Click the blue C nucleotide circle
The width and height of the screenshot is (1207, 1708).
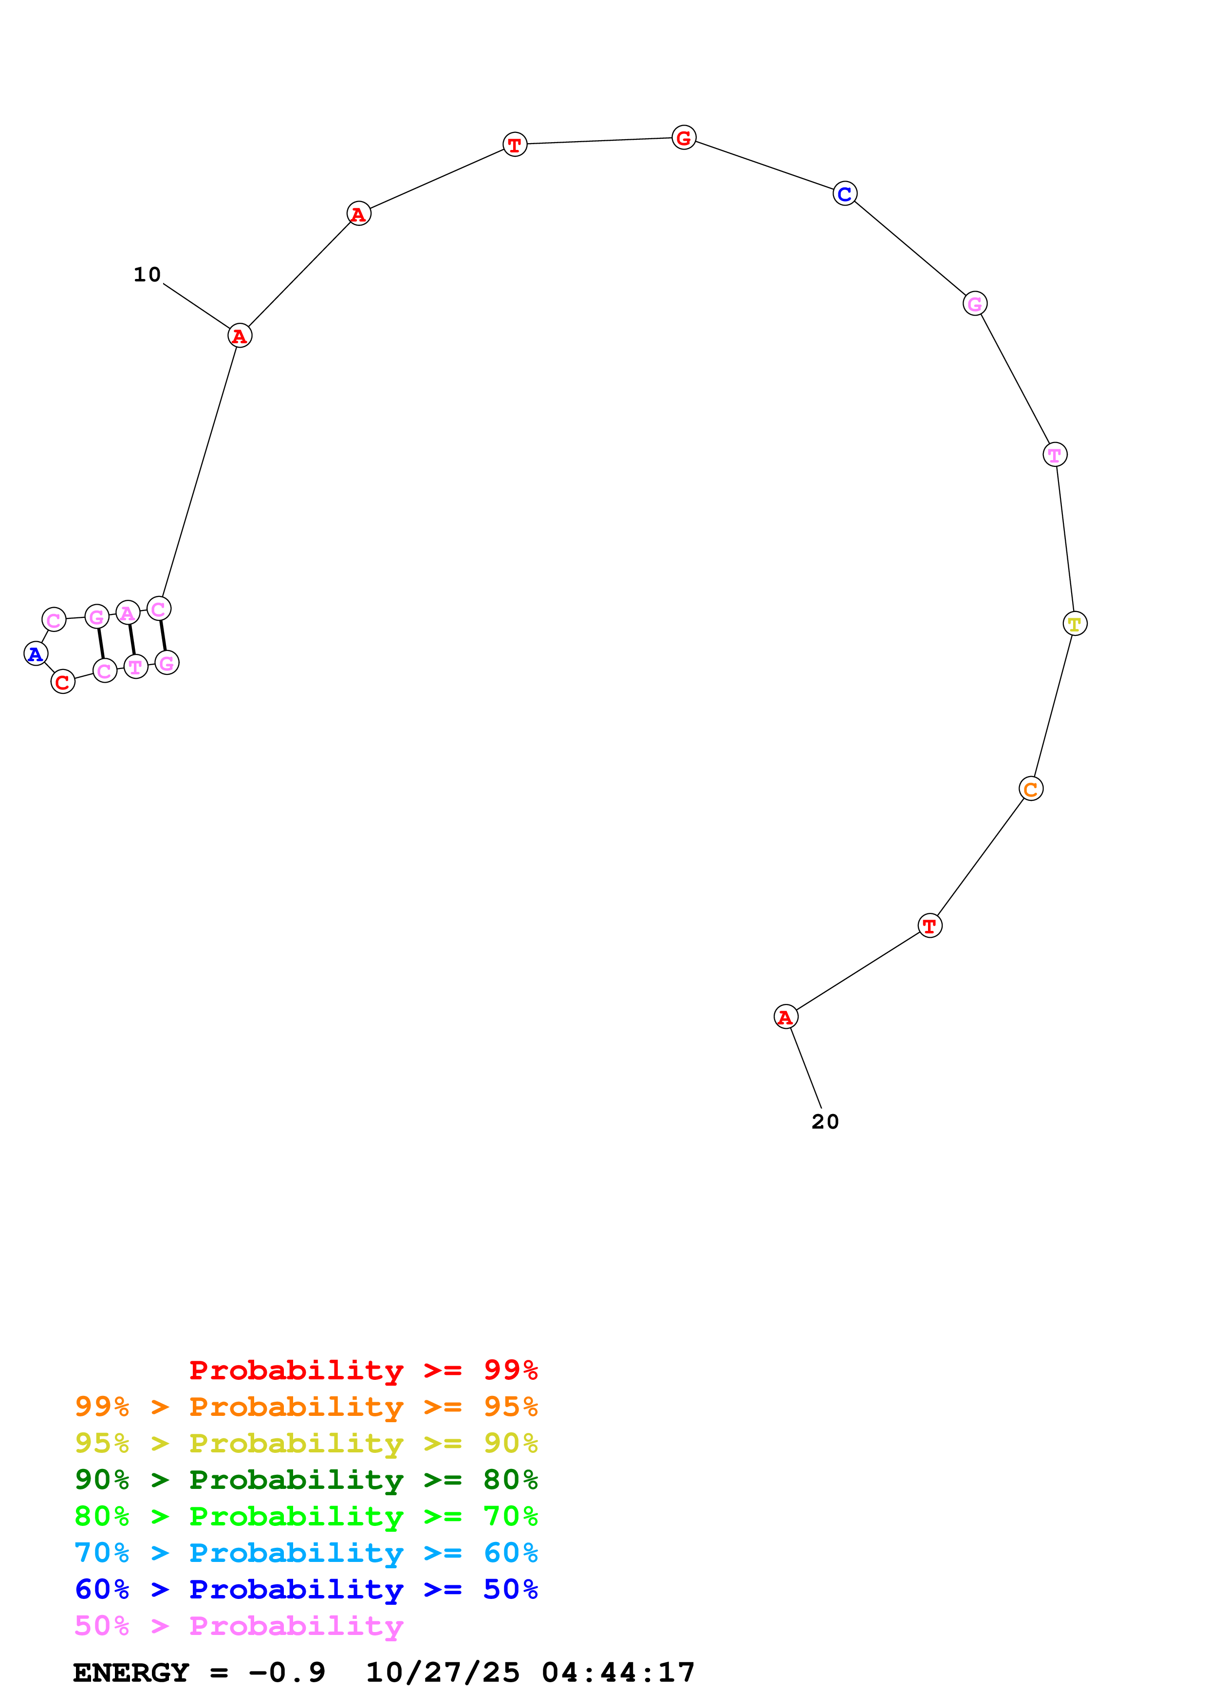pyautogui.click(x=845, y=193)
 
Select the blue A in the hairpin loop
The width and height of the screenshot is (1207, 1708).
pyautogui.click(x=36, y=654)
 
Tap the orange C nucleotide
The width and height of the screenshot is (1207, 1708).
pyautogui.click(x=1031, y=789)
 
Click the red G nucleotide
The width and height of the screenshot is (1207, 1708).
pyautogui.click(x=684, y=138)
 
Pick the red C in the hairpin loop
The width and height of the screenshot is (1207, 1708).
pyautogui.click(x=63, y=682)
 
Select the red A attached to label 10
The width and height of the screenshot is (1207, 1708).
pyautogui.click(x=240, y=336)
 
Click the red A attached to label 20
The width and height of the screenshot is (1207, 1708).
pyautogui.click(x=785, y=1017)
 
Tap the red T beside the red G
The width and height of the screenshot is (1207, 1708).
pyautogui.click(x=515, y=144)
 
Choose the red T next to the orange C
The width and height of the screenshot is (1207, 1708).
pyautogui.click(x=929, y=926)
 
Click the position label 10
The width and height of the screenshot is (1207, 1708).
pyautogui.click(x=147, y=275)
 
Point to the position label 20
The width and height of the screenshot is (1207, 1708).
pyautogui.click(x=825, y=1122)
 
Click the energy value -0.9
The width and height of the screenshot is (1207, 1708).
pyautogui.click(x=287, y=1673)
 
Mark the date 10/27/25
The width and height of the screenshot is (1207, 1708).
pyautogui.click(x=443, y=1673)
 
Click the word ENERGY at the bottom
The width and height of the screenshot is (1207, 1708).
pyautogui.click(x=131, y=1673)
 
